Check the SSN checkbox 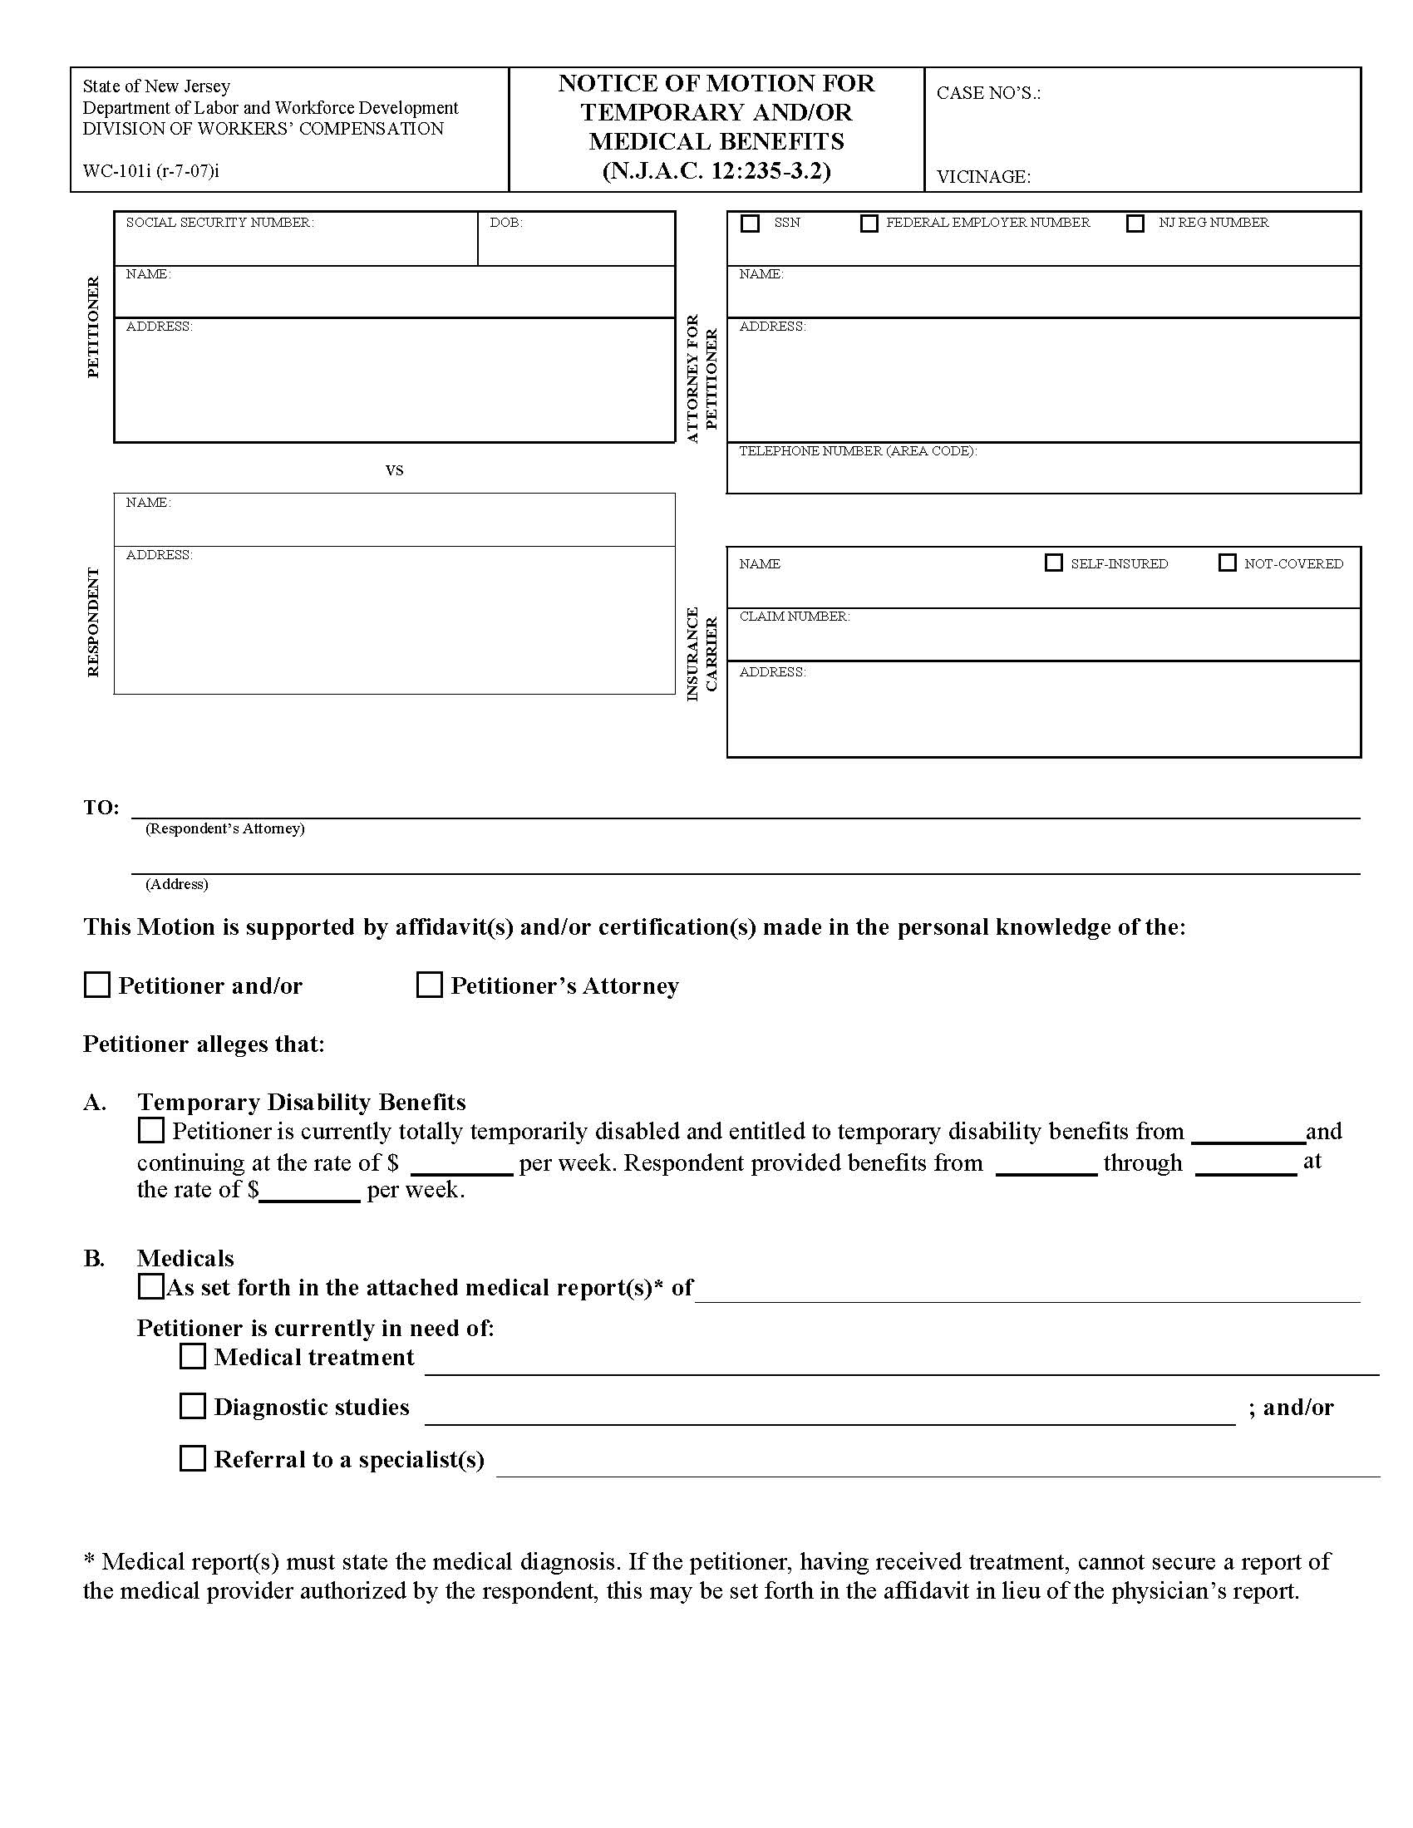pyautogui.click(x=750, y=224)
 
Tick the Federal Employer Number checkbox pyautogui.click(x=869, y=224)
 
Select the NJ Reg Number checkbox pyautogui.click(x=1135, y=224)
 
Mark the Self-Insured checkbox pyautogui.click(x=1053, y=563)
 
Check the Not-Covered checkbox pyautogui.click(x=1226, y=563)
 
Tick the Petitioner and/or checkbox pyautogui.click(x=97, y=985)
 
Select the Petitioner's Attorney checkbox pyautogui.click(x=430, y=985)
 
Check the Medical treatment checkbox pyautogui.click(x=193, y=1356)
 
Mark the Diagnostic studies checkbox pyautogui.click(x=193, y=1406)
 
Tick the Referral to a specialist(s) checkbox pyautogui.click(x=193, y=1458)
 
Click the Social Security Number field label pyautogui.click(x=219, y=223)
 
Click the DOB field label pyautogui.click(x=505, y=223)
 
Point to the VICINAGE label pyautogui.click(x=982, y=177)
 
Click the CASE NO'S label pyautogui.click(x=987, y=93)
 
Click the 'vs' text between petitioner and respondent pyautogui.click(x=394, y=470)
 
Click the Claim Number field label pyautogui.click(x=794, y=617)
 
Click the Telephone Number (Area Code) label pyautogui.click(x=857, y=451)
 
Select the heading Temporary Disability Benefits pyautogui.click(x=302, y=1103)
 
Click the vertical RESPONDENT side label pyautogui.click(x=93, y=622)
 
